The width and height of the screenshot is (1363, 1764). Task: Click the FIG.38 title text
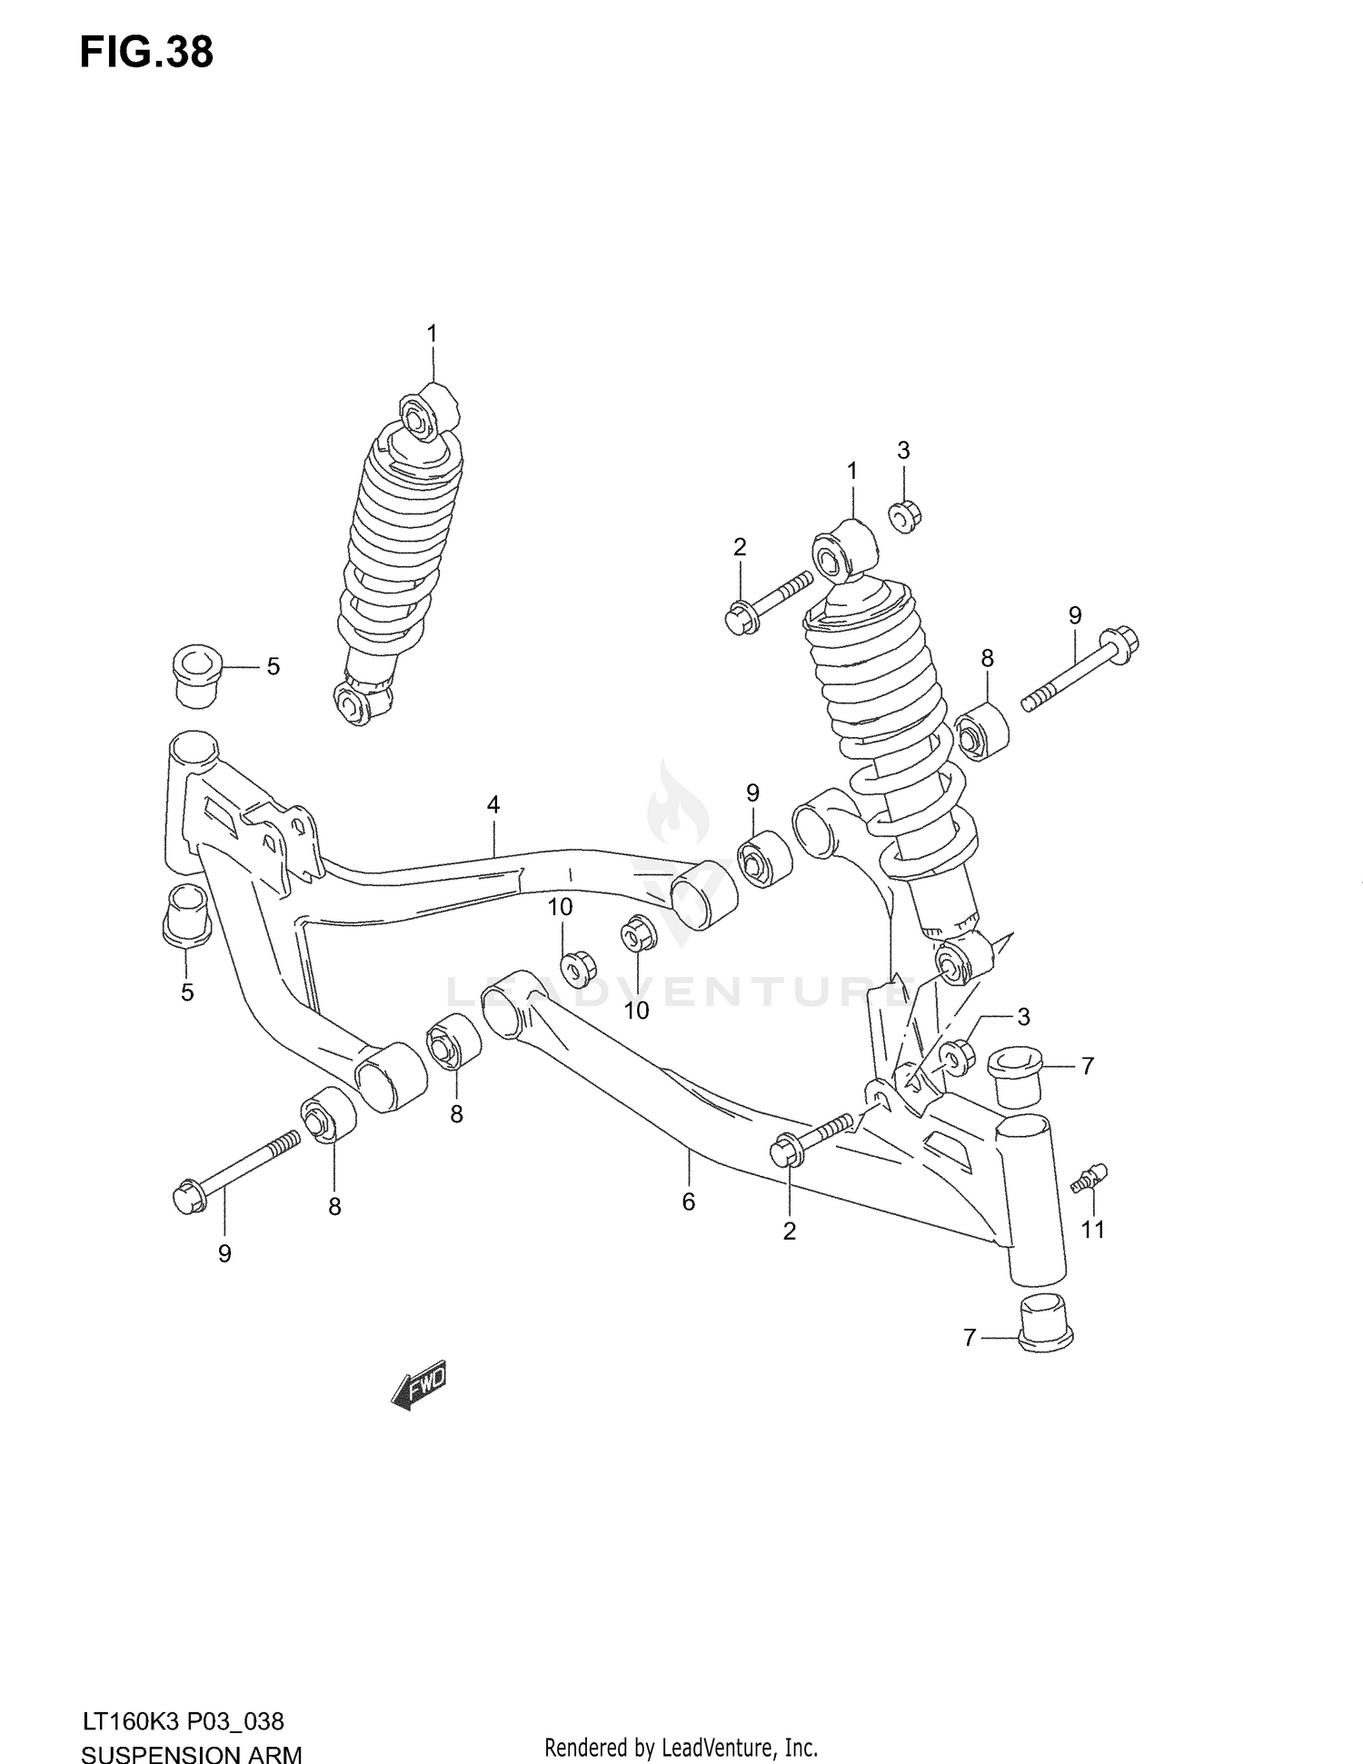pos(146,53)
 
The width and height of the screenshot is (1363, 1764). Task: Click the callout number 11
pos(1092,1230)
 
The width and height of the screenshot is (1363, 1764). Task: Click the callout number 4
pos(492,804)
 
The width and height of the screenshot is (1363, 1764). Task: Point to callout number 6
pos(688,1201)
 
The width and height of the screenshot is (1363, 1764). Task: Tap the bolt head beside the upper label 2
pos(737,619)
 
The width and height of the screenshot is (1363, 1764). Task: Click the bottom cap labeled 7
pos(1046,1325)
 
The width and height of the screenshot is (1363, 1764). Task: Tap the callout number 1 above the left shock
pos(433,334)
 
